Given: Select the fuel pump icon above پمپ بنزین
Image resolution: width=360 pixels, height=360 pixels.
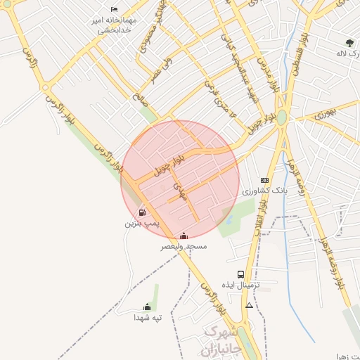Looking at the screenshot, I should (x=143, y=212).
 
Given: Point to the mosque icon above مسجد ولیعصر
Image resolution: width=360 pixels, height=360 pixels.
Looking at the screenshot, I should (x=184, y=236).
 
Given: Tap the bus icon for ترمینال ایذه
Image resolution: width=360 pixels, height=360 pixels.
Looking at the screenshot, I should (x=241, y=274).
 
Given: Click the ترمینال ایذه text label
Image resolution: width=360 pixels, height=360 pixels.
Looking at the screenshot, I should (x=241, y=285).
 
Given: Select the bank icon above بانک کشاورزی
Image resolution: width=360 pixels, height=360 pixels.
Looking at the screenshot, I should (x=264, y=180).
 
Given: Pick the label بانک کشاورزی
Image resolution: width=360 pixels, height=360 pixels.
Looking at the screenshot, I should (x=261, y=191).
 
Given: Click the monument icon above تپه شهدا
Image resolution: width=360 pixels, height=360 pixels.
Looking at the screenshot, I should (x=147, y=307).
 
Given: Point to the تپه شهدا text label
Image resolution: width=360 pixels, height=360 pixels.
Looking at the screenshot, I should (x=148, y=318).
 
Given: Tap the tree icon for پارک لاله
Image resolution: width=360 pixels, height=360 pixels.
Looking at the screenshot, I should (x=349, y=43).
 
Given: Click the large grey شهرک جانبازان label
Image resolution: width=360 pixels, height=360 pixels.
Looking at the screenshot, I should (x=222, y=339).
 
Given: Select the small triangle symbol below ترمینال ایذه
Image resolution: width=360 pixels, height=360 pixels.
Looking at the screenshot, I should (x=249, y=306).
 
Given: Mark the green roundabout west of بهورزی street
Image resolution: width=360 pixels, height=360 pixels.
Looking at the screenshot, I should (x=281, y=117).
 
